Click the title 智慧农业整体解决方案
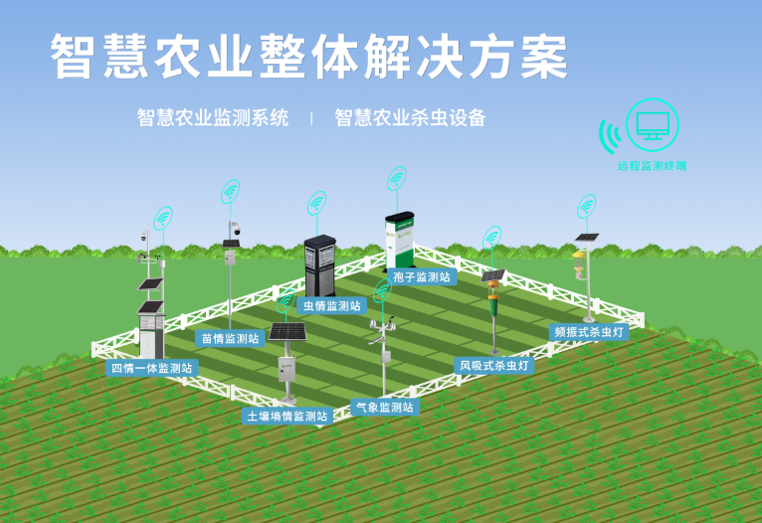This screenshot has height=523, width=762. [x=309, y=57]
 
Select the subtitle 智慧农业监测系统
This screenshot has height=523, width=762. [x=213, y=118]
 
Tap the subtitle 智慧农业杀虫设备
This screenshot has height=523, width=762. [x=410, y=118]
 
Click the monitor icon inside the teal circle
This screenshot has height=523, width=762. [x=653, y=125]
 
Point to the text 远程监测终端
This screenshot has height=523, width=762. [x=652, y=165]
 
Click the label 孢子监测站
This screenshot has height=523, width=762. [x=422, y=277]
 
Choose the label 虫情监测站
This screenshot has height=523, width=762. [x=331, y=305]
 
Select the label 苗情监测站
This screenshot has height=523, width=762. [x=230, y=338]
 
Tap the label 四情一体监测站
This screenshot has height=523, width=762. [x=152, y=368]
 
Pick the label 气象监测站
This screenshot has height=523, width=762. [x=384, y=407]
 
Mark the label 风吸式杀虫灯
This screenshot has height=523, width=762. [x=493, y=366]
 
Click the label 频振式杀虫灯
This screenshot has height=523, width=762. [x=589, y=332]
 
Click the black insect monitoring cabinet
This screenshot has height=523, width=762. [x=318, y=263]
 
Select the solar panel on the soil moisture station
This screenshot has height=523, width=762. [x=287, y=331]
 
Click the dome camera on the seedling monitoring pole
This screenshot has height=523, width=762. [x=236, y=230]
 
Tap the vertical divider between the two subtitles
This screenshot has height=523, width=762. [x=311, y=118]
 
